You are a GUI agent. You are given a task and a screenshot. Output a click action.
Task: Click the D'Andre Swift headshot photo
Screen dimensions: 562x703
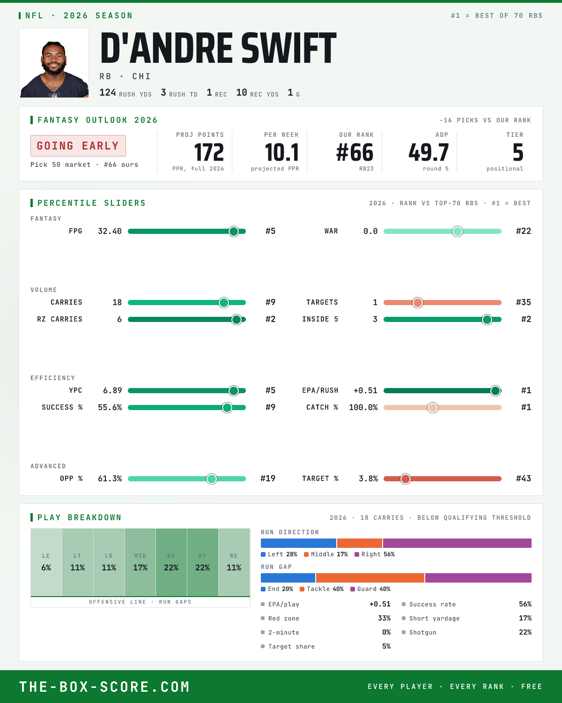tap(54, 63)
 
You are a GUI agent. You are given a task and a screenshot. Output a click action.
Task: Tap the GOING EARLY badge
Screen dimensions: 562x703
tap(78, 146)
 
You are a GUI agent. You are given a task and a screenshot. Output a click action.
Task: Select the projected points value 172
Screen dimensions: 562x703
tap(209, 153)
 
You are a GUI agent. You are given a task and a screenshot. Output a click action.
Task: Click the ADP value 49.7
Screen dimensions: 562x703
tap(429, 153)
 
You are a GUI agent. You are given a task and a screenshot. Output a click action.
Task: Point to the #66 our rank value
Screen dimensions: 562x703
tap(355, 153)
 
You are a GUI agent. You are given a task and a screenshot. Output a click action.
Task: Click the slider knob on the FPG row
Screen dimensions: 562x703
tap(234, 231)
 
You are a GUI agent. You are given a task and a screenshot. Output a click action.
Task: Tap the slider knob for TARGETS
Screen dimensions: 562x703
tap(417, 302)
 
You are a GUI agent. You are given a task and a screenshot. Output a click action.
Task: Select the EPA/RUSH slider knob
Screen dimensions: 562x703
tap(495, 391)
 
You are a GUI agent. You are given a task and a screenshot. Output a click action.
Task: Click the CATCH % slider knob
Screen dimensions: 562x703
tap(433, 407)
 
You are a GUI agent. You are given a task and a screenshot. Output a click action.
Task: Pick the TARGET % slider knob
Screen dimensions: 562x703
tap(405, 479)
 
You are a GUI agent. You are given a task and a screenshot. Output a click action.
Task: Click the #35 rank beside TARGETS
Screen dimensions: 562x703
tap(524, 302)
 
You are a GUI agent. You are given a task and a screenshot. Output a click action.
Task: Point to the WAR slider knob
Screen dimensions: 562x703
tap(458, 231)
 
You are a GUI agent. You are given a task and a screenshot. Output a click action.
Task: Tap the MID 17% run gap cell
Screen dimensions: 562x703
tap(140, 562)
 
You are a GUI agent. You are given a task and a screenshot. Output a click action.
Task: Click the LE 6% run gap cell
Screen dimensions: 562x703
tap(46, 562)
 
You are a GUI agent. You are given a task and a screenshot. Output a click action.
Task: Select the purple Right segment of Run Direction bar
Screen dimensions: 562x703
tap(457, 543)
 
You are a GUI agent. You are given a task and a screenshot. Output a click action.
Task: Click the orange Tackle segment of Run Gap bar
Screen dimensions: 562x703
tap(370, 577)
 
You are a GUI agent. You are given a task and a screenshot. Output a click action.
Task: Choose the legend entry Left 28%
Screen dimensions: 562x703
tap(279, 554)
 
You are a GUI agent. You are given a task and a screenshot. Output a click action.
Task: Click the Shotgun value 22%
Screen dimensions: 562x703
tap(525, 632)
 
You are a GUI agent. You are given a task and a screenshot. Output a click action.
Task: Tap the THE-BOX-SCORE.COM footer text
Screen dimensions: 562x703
tap(104, 686)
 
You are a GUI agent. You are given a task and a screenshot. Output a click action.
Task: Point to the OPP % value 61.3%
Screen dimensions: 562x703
tap(110, 479)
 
